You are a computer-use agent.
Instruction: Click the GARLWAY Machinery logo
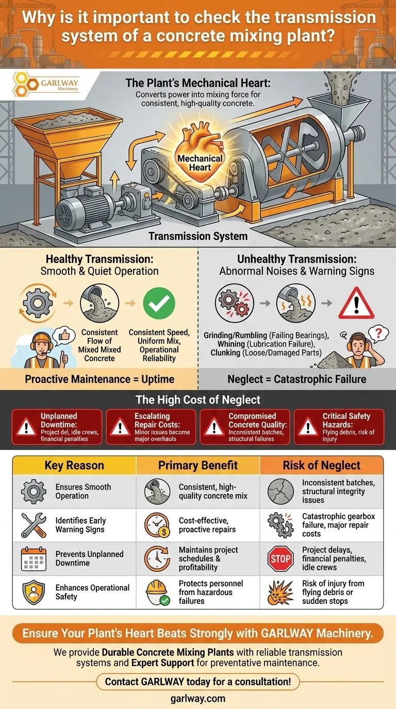pos(45,84)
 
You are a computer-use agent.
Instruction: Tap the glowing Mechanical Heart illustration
pos(200,152)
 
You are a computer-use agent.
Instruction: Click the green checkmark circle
pos(159,303)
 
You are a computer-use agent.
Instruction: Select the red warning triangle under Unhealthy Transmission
pos(356,303)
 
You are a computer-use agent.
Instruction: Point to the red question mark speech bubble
pos(378,334)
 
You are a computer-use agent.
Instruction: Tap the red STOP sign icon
pos(280,559)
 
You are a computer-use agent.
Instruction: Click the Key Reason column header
pos(74,465)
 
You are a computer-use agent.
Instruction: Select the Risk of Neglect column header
pos(322,465)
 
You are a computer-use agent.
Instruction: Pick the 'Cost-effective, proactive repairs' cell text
pos(207,525)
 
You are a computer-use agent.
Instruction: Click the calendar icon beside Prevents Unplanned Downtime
pos(34,559)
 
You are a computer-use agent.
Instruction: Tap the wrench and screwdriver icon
pos(34,526)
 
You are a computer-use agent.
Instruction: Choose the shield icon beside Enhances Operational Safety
pos(34,593)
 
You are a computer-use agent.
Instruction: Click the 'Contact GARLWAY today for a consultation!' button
pos(198,682)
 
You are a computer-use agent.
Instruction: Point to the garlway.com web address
pos(198,699)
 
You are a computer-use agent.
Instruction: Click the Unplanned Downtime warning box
pos(57,427)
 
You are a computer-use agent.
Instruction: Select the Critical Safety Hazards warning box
pos(339,427)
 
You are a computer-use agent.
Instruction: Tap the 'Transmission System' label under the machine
pos(198,236)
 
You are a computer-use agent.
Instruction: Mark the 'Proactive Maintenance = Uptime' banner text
pos(100,379)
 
